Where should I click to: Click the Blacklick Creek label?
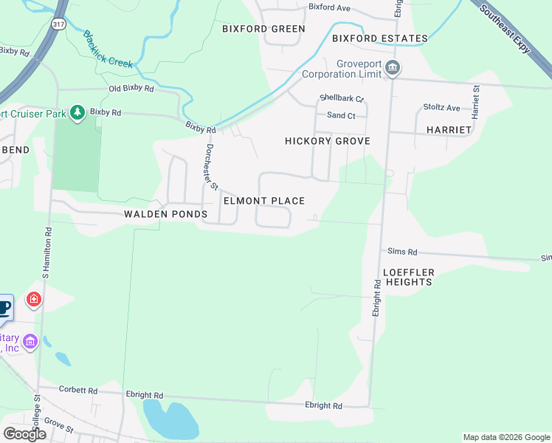coord(108,49)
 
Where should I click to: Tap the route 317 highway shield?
coord(58,24)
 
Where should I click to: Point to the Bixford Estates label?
coord(379,38)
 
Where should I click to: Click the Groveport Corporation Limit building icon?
coord(393,69)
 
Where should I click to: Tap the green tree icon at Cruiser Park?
coord(76,112)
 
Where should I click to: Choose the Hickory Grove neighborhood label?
coord(327,141)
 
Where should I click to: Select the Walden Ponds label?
coord(166,214)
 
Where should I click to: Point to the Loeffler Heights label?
coord(409,277)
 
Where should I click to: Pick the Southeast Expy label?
coord(505,28)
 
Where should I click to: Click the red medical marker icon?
coord(33,299)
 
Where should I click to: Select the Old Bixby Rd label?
coord(131,89)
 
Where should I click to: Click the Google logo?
coord(24,434)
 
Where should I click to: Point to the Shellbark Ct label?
coord(342,98)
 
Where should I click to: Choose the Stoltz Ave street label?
coord(441,107)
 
